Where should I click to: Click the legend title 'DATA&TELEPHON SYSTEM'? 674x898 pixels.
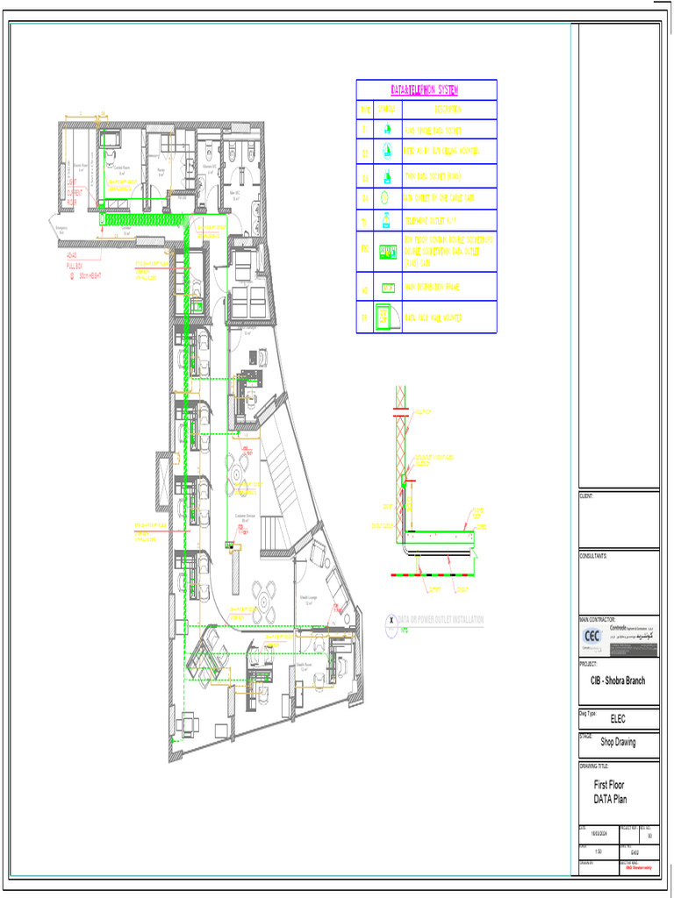click(426, 90)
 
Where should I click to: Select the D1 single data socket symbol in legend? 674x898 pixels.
click(387, 129)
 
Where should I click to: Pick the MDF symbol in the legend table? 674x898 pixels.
click(387, 287)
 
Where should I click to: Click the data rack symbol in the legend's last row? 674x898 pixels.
click(383, 317)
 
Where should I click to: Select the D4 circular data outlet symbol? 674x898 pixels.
click(386, 198)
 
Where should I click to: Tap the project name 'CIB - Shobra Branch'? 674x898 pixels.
click(617, 681)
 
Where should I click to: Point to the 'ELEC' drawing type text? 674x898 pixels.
click(618, 719)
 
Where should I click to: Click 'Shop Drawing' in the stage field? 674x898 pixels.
click(618, 742)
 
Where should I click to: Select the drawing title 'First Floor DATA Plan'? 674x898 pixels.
click(610, 792)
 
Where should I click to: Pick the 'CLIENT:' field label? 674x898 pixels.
click(586, 496)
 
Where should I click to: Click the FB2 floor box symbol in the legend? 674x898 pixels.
click(387, 253)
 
